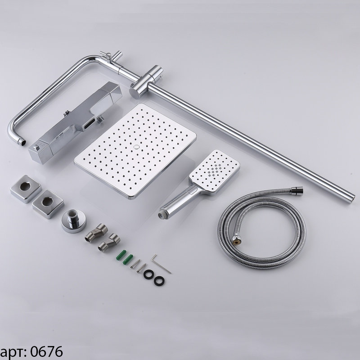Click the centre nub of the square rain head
click(137, 147)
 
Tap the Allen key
click(161, 265)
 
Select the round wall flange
click(73, 221)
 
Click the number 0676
click(46, 352)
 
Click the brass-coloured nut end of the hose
click(237, 239)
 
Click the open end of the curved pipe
click(22, 142)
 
